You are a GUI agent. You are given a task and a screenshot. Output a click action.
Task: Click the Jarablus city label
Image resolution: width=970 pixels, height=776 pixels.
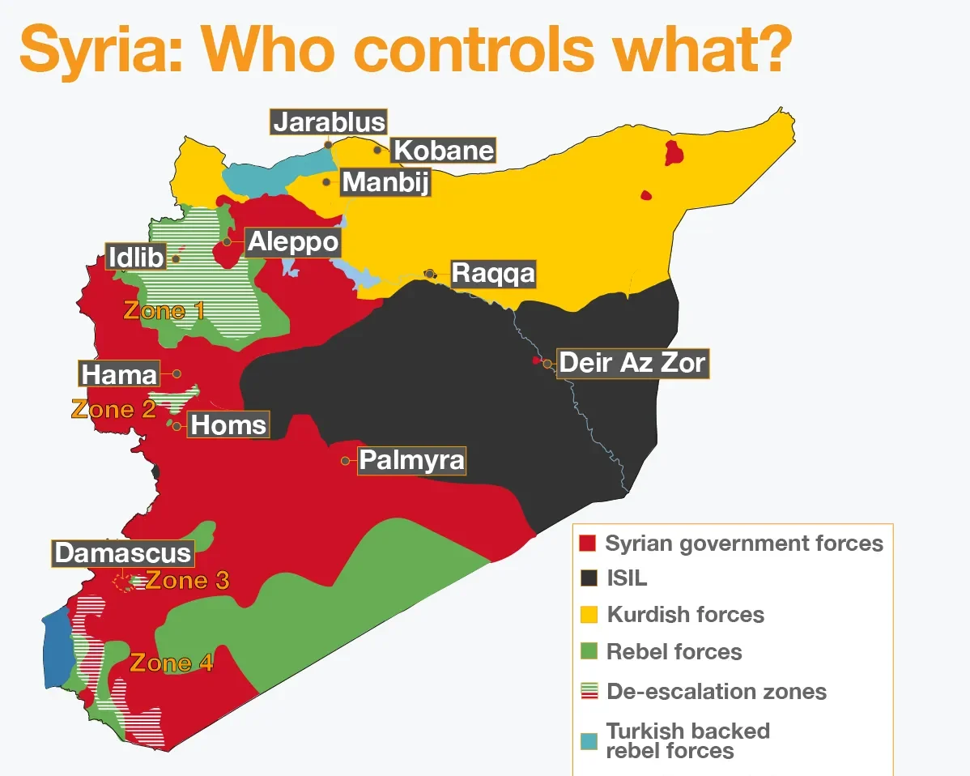(329, 122)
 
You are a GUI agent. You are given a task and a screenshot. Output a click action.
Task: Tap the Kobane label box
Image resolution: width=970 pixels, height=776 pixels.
(443, 151)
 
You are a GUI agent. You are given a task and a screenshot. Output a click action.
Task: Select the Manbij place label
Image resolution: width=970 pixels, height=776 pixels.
(385, 181)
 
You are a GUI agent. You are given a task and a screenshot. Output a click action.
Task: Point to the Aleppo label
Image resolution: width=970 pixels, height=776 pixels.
(292, 241)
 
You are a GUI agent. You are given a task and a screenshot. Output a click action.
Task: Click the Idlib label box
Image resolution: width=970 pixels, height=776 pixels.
(136, 258)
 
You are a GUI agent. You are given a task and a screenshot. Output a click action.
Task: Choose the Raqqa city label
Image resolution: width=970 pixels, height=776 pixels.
(493, 273)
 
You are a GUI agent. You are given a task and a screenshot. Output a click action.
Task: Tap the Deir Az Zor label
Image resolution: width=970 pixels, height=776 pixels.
(632, 362)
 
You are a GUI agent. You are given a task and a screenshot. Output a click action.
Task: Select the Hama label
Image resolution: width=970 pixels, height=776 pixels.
(120, 374)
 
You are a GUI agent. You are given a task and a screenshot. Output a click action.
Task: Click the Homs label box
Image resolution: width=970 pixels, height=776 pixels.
(228, 424)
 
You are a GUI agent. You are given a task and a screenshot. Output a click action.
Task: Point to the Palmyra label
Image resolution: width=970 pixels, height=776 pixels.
(412, 460)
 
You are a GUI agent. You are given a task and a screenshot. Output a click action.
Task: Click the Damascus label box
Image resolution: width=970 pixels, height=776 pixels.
(124, 553)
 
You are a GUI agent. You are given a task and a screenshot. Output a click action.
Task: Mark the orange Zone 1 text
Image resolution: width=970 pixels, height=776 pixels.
(164, 310)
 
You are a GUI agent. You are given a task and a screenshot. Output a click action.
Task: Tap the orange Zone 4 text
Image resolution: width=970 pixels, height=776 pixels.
(172, 663)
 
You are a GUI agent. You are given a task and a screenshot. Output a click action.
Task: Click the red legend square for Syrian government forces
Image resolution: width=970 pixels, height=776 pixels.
(589, 543)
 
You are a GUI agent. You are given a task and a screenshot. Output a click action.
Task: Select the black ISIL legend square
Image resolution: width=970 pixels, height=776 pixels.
(589, 578)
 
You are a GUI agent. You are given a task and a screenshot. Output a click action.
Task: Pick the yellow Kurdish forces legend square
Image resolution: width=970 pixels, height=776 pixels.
(589, 614)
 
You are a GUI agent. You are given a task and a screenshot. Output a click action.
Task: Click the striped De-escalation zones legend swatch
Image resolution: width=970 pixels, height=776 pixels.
(589, 691)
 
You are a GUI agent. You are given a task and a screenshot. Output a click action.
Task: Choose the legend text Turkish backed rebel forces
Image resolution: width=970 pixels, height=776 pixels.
(687, 740)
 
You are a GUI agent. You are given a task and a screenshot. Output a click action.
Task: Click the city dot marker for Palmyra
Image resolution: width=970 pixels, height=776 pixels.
(346, 460)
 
